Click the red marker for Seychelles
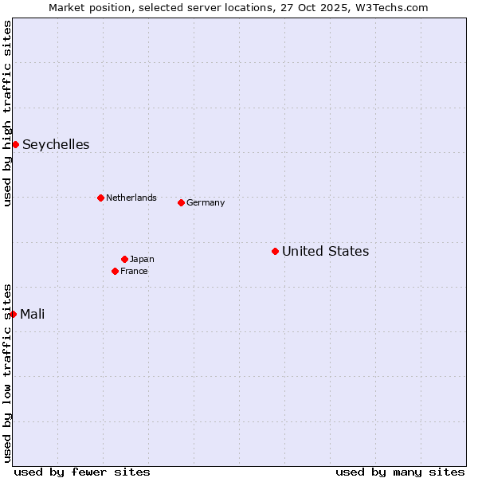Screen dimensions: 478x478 tap(15, 144)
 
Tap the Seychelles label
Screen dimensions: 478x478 tap(56, 144)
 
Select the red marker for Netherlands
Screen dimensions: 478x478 tap(100, 198)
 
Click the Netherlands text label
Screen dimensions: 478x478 tap(131, 198)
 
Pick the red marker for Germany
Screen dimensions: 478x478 tap(181, 202)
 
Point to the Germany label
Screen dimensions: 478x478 tap(206, 202)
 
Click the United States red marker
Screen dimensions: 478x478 tap(275, 251)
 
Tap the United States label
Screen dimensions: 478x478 tap(325, 251)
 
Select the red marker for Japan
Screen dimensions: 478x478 tap(124, 259)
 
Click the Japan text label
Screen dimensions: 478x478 tap(142, 259)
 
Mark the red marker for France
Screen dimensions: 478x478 tap(115, 271)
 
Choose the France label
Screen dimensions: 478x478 tap(134, 271)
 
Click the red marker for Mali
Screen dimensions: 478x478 tap(14, 314)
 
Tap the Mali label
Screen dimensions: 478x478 tap(33, 314)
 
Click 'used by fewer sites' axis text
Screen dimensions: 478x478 tap(82, 472)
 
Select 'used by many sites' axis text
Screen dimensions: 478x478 tap(400, 472)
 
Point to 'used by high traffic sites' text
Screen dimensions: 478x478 tap(8, 113)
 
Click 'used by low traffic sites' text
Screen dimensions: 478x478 tap(8, 373)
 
